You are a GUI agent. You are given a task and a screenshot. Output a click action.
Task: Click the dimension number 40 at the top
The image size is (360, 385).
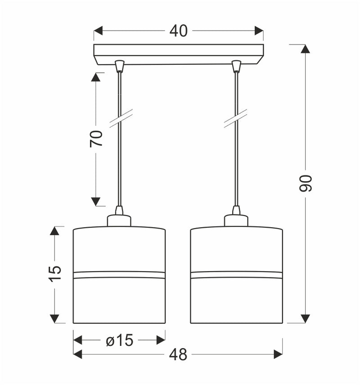tap(178, 31)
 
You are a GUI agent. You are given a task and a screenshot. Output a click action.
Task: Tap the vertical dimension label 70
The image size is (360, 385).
tap(96, 138)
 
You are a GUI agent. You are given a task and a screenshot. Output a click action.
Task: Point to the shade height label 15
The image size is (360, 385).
tap(54, 274)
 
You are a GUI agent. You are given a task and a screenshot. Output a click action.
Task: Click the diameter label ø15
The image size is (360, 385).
tap(120, 340)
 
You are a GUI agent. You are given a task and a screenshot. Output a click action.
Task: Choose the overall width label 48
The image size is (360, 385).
tap(178, 355)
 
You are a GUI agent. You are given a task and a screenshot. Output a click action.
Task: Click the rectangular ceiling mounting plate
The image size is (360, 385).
tap(178, 53)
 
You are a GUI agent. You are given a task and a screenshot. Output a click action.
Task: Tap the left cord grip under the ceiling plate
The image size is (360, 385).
tap(119, 66)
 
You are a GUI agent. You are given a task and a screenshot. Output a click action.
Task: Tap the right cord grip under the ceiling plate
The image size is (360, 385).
tap(236, 66)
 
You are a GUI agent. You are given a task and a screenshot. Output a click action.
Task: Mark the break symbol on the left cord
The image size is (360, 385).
tap(121, 118)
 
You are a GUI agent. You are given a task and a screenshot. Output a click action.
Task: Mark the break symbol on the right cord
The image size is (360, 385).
tap(236, 118)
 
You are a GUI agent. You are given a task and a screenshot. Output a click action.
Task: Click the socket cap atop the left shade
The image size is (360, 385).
tap(119, 220)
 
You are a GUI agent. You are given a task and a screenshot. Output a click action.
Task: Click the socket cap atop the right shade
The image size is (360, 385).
tap(236, 220)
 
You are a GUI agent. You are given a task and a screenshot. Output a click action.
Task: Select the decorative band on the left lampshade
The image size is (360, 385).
tap(119, 274)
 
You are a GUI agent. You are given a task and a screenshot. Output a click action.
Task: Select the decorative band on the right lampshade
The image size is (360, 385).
tap(236, 274)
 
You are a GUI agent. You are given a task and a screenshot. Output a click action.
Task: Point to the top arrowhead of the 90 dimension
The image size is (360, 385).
tap(306, 49)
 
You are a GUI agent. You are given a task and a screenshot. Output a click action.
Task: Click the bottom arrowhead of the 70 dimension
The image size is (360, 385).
tap(95, 201)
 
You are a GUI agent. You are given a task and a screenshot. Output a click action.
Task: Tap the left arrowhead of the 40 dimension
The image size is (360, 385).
tap(99, 31)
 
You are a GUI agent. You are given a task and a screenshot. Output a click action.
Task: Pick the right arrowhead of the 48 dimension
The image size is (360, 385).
tap(278, 355)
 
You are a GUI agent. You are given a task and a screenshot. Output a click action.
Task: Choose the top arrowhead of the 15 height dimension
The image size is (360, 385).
tap(54, 231)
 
